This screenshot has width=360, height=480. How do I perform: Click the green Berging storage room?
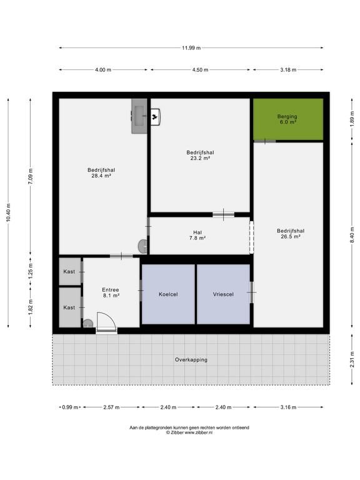(288, 119)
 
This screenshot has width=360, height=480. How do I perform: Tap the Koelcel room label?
(168, 294)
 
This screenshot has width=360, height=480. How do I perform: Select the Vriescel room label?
(223, 294)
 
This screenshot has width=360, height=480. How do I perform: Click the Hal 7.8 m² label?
(197, 235)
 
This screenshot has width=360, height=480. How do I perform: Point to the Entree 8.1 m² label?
(111, 292)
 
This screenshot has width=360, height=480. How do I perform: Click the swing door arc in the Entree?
(109, 317)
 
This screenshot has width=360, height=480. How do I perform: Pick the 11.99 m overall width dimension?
(191, 47)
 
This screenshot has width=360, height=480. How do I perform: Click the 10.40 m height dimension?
(8, 212)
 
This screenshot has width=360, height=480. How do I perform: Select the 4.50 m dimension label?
(200, 70)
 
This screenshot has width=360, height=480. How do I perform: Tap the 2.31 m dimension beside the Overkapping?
(352, 359)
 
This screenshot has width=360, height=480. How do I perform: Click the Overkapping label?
(191, 360)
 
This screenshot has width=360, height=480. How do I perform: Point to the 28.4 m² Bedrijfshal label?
(101, 173)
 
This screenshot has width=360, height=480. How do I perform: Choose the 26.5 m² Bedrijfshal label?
(291, 234)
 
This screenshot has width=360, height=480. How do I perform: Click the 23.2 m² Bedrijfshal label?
(200, 155)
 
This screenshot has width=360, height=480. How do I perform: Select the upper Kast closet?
(70, 271)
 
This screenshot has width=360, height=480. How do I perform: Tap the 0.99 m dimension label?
(70, 407)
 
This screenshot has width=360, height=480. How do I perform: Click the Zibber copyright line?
(189, 432)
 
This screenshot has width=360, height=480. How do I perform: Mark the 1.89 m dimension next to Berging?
(352, 119)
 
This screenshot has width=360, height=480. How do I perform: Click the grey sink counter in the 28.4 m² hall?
(139, 116)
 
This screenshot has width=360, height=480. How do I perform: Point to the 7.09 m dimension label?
(30, 176)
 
